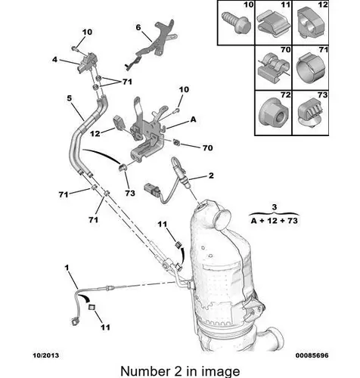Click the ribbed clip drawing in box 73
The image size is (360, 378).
point(310,115)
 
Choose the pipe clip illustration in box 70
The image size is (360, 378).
point(273,67)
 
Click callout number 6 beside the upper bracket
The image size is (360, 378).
point(138,27)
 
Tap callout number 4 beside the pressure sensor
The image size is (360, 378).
point(54,60)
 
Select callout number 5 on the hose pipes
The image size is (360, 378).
point(70,98)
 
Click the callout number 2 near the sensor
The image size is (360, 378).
point(211,175)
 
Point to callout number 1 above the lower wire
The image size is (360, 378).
point(67,268)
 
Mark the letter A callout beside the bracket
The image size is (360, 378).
point(193,119)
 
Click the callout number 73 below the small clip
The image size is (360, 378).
point(130,193)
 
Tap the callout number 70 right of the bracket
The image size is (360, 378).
point(207,147)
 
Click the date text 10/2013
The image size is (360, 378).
point(46,355)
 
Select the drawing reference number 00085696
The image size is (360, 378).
point(312,355)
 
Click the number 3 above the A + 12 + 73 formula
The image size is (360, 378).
point(275,207)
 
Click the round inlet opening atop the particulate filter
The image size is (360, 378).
point(223,216)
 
